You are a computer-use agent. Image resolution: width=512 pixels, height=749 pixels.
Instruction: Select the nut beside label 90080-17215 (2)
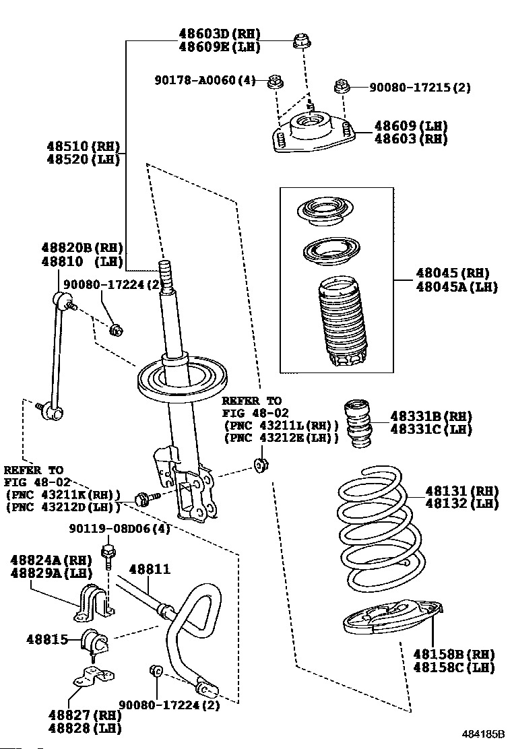[341, 86]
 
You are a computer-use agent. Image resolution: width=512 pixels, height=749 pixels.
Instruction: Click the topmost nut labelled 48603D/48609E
[300, 42]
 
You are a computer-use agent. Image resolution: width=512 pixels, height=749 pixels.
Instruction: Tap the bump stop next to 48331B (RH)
[357, 423]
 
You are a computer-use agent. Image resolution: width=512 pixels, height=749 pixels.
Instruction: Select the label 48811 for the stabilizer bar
[150, 569]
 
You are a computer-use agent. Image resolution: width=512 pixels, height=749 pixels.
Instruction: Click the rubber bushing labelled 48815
[95, 641]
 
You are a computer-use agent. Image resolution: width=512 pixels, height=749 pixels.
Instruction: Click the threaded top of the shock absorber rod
[166, 276]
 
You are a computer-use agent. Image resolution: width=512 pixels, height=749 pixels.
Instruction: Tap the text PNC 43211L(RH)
[281, 425]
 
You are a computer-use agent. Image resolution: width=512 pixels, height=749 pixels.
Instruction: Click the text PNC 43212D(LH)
[63, 507]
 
